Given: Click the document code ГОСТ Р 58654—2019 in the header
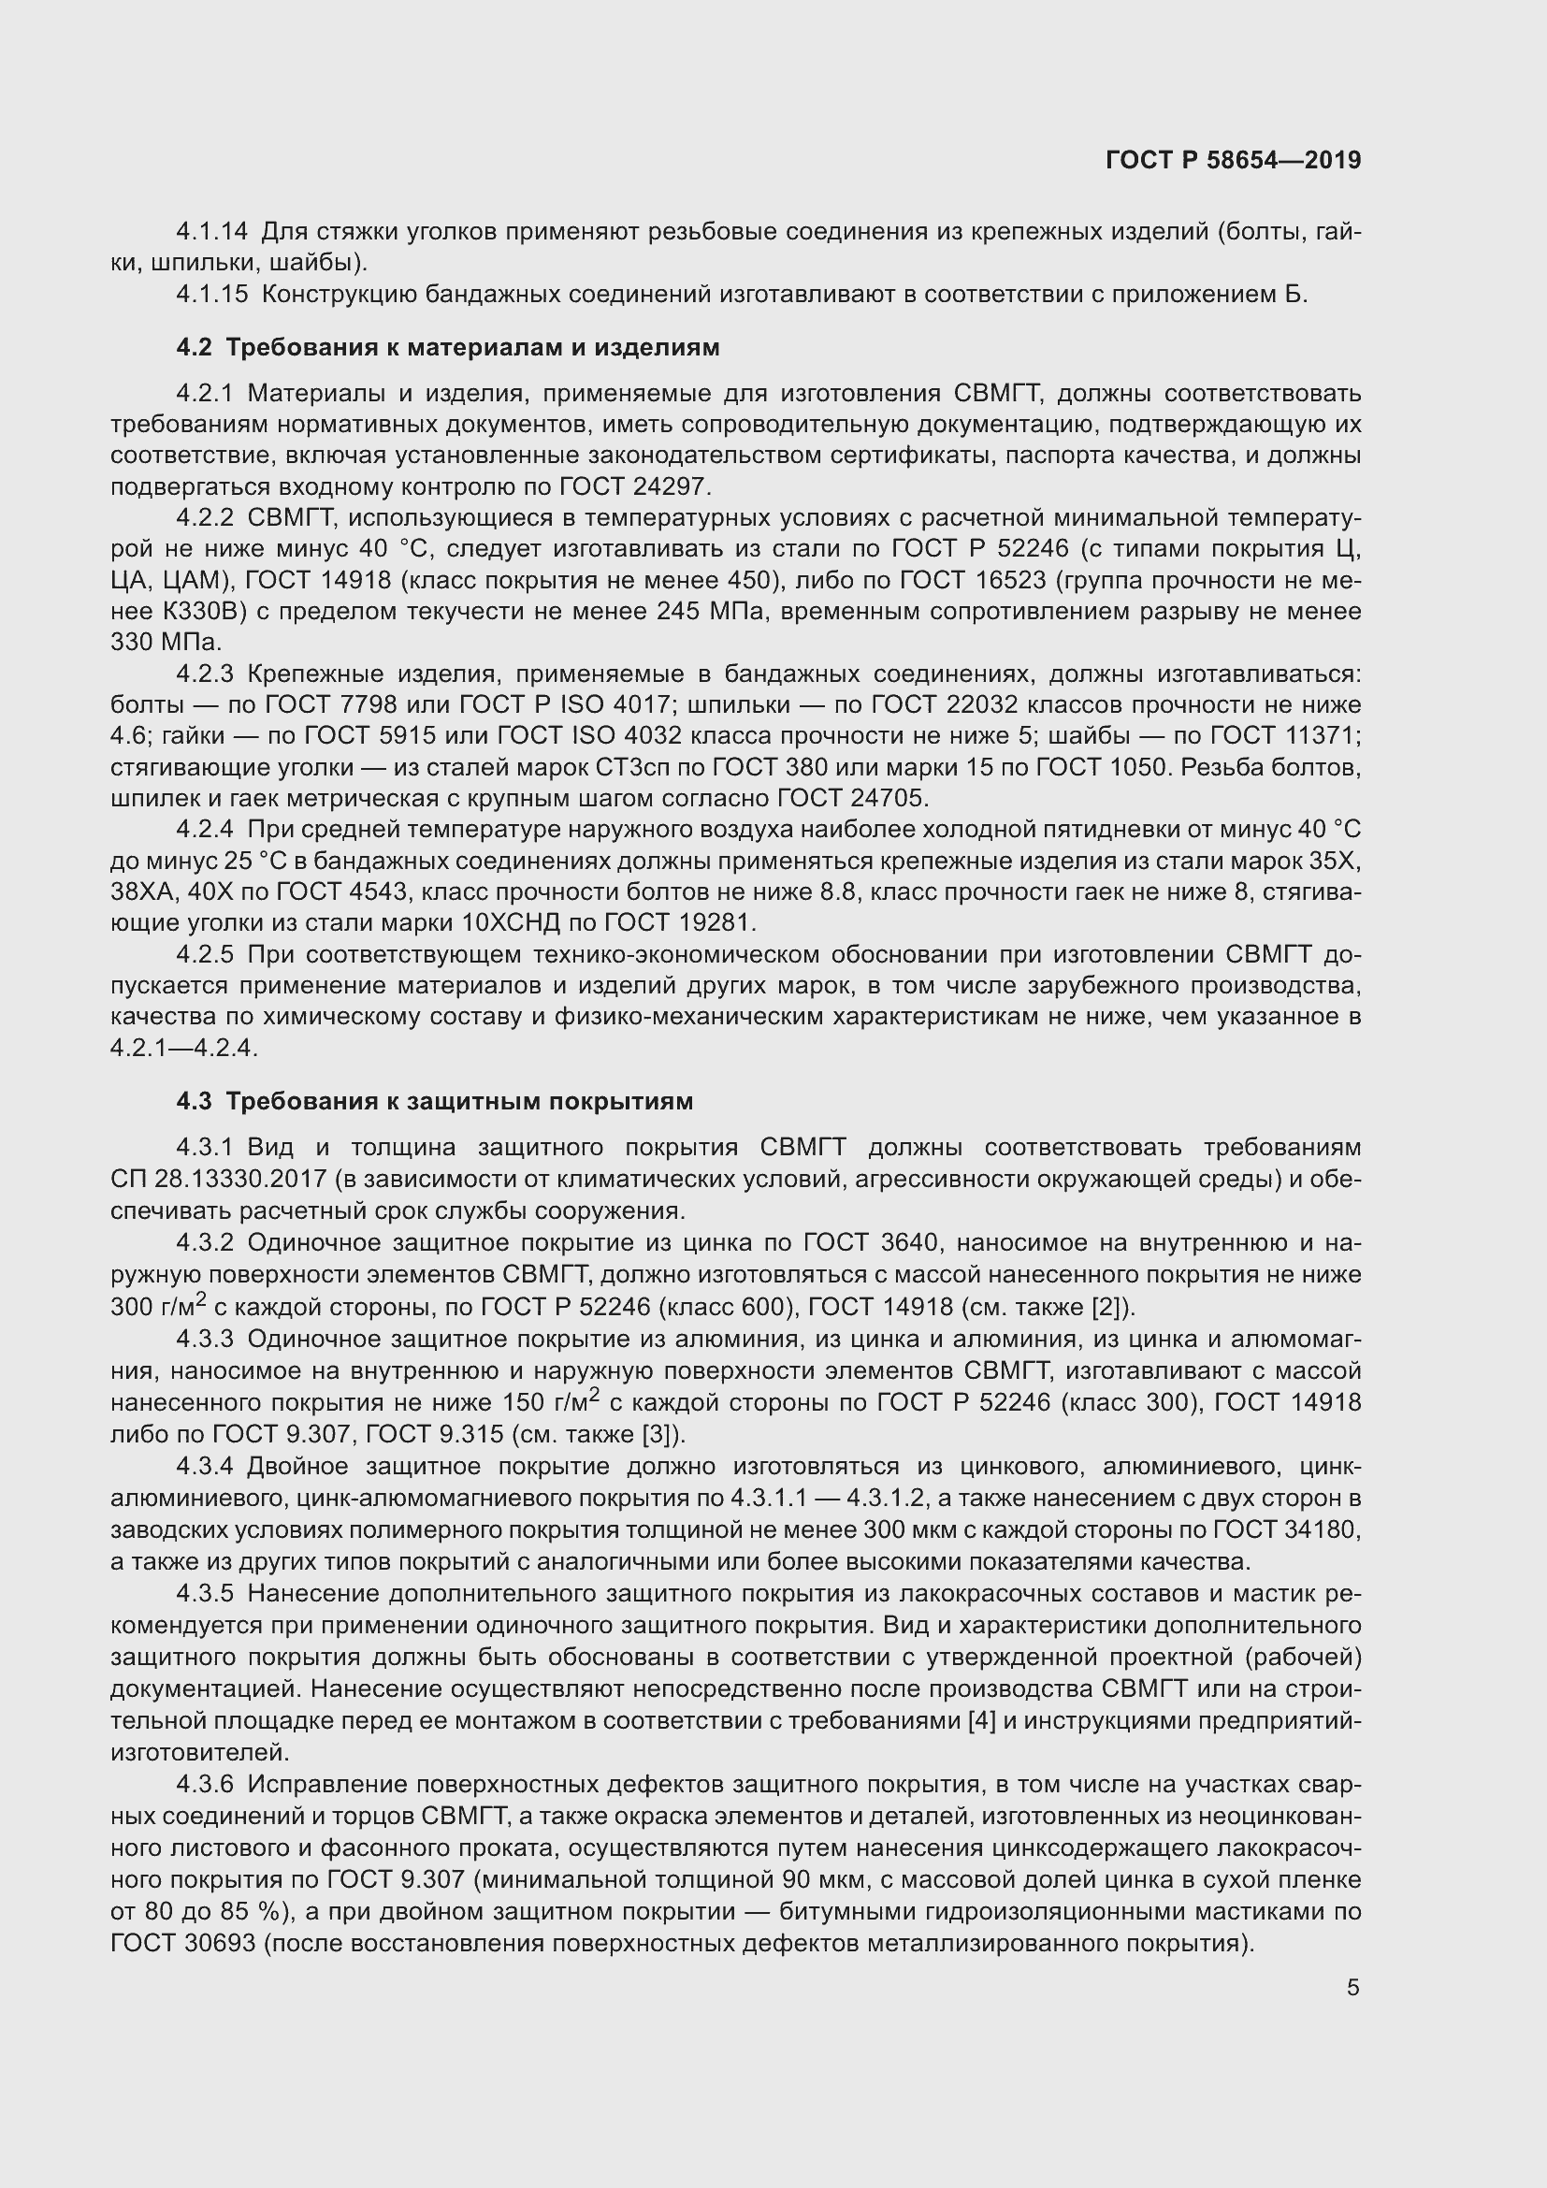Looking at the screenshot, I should [x=1233, y=160].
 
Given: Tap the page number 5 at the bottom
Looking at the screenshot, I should [x=1352, y=1988].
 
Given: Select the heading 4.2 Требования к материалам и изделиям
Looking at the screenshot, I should [x=448, y=348].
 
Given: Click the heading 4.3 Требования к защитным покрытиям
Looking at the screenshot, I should [x=434, y=1102].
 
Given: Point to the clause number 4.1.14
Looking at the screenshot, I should [x=211, y=232].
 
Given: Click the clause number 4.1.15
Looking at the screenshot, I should [x=211, y=295].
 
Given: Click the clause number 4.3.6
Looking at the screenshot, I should [x=205, y=1785].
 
